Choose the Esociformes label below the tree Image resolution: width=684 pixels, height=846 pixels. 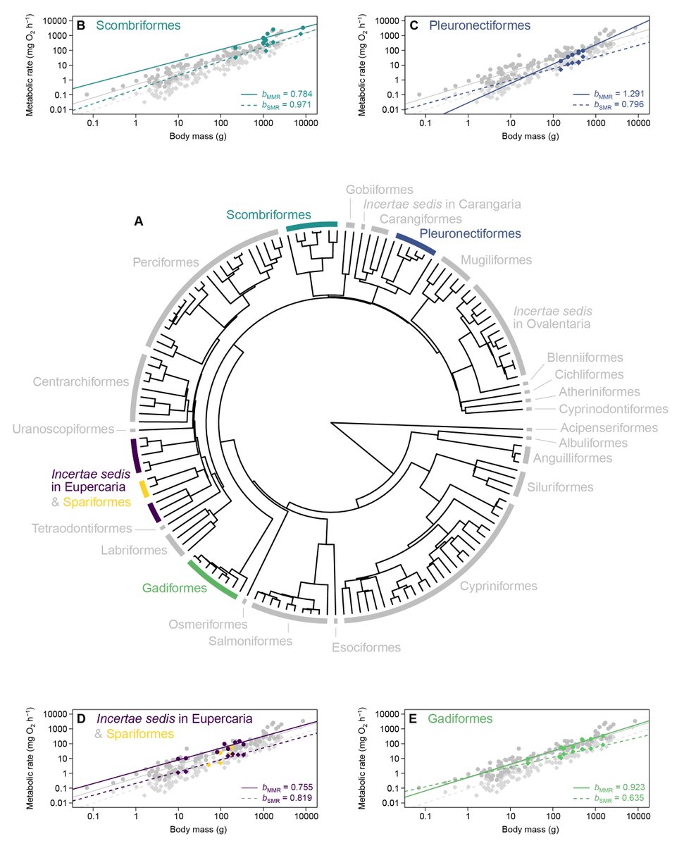tap(366, 647)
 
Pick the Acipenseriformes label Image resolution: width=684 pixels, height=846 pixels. tap(609, 428)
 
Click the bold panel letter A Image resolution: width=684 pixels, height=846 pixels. tap(138, 221)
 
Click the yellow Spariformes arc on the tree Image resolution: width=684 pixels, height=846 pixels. tap(143, 488)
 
